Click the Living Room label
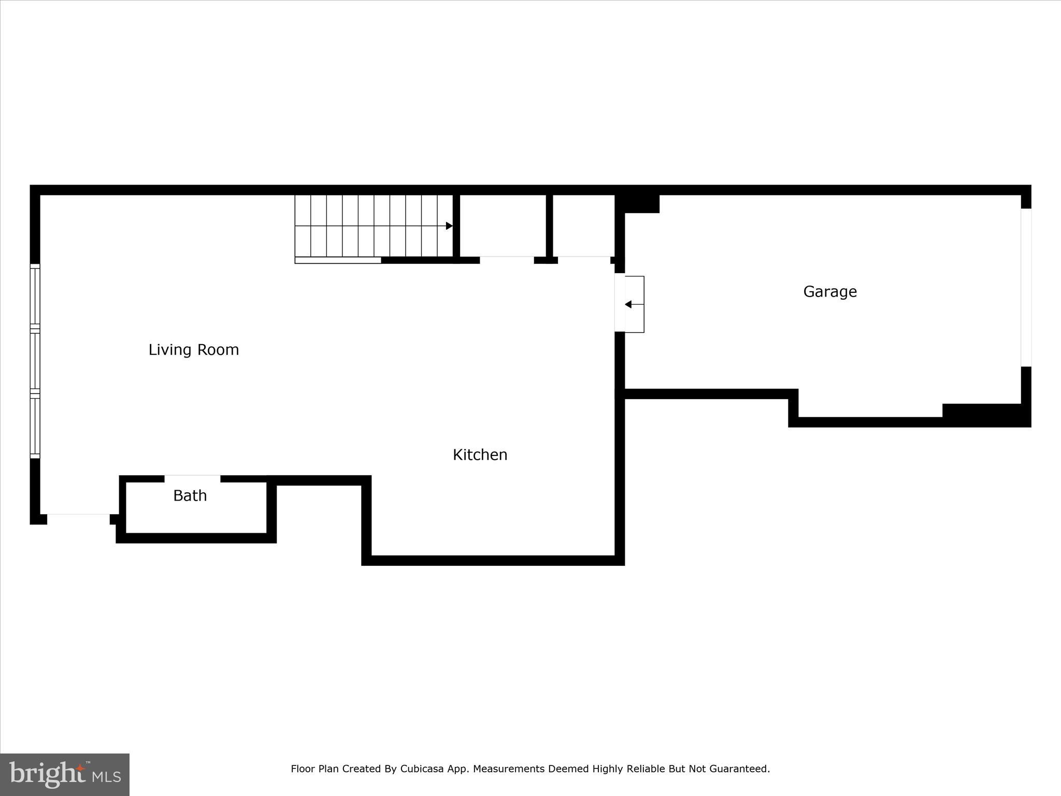pyautogui.click(x=194, y=350)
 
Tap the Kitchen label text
pyautogui.click(x=480, y=454)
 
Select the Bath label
pyautogui.click(x=190, y=495)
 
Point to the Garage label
pyautogui.click(x=830, y=291)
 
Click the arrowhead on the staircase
pyautogui.click(x=449, y=226)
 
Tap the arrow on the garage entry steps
pyautogui.click(x=628, y=304)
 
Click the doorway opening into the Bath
pyautogui.click(x=192, y=478)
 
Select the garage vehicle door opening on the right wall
pyautogui.click(x=1026, y=288)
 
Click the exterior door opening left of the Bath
pyautogui.click(x=78, y=519)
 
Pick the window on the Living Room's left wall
pyautogui.click(x=35, y=361)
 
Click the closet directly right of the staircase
pyautogui.click(x=503, y=225)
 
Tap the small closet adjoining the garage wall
pyautogui.click(x=583, y=225)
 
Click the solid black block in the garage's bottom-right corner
pyautogui.click(x=982, y=415)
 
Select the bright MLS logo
pyautogui.click(x=65, y=774)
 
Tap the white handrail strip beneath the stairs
pyautogui.click(x=338, y=260)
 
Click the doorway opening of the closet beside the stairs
pyautogui.click(x=507, y=260)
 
